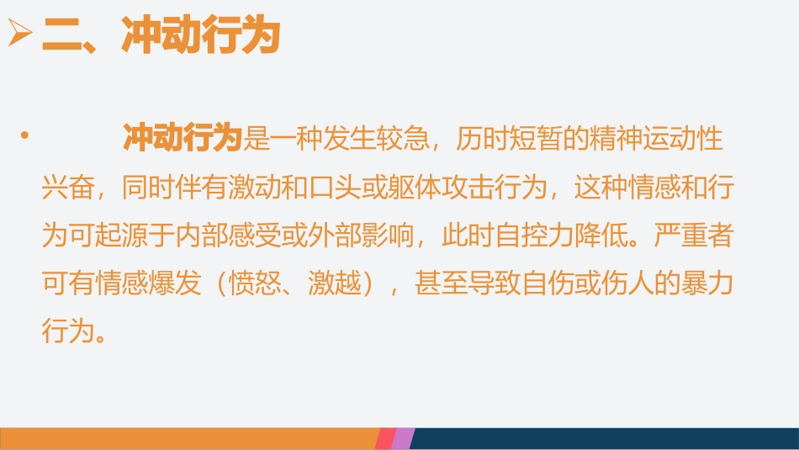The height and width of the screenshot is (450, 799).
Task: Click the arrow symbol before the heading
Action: pyautogui.click(x=18, y=37)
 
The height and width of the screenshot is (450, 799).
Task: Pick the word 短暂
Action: pyautogui.click(x=529, y=139)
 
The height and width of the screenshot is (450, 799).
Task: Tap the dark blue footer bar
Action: pyautogui.click(x=606, y=438)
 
